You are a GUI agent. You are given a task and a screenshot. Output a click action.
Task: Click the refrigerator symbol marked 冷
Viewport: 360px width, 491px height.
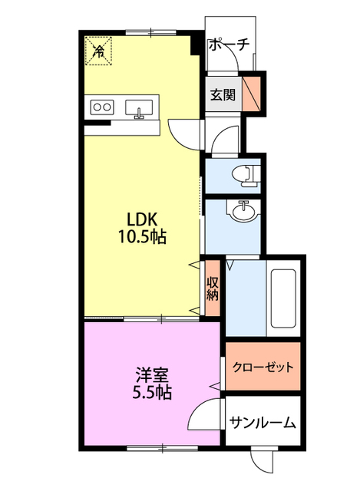coord(98,51)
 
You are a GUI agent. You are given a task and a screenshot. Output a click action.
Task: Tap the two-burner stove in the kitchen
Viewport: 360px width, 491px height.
coord(102,107)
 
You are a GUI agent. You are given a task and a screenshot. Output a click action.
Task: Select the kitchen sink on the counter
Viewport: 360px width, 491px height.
coord(139,109)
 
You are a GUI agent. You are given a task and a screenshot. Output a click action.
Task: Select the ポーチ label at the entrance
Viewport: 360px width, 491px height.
coord(229,45)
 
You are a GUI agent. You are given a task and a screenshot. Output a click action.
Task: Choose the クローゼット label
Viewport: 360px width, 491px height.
coord(263,367)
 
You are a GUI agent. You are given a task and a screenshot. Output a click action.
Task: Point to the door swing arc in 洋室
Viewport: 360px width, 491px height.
coord(201,419)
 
